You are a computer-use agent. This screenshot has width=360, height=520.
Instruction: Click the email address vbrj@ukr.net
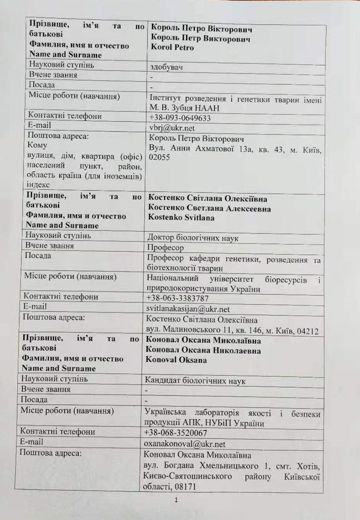click(172, 128)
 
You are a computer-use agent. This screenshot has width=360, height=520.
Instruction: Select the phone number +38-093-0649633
click(180, 118)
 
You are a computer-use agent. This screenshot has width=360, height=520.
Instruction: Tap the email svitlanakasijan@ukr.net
click(188, 309)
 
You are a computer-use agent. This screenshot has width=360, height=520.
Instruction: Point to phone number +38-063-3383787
click(177, 298)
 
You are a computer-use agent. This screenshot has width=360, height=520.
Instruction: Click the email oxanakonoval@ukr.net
click(184, 444)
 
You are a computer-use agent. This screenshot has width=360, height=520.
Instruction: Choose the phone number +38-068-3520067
click(175, 433)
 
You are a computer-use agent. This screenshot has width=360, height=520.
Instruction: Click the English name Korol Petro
click(172, 48)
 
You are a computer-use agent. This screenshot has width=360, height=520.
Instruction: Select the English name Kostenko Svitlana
click(181, 218)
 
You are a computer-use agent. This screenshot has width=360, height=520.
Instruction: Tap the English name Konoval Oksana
click(176, 360)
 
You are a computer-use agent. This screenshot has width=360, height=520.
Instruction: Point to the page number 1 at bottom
click(176, 500)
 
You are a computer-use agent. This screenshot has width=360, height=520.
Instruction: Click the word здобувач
click(166, 67)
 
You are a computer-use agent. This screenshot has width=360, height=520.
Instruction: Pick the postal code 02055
click(159, 157)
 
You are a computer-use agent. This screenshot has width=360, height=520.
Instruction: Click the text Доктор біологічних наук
click(193, 238)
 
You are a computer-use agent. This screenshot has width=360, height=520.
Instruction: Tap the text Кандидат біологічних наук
click(195, 381)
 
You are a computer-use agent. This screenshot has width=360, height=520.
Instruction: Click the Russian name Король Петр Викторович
click(200, 38)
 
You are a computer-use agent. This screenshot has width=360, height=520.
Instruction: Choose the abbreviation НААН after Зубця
click(207, 108)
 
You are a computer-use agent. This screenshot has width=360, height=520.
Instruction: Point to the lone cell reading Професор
click(165, 247)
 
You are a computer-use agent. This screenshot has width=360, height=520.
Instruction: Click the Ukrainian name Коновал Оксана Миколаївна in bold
click(203, 341)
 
